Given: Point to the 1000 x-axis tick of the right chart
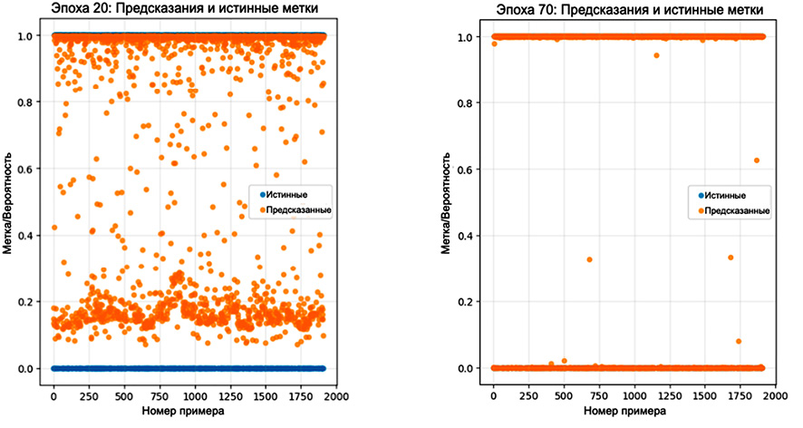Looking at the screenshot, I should (x=634, y=396).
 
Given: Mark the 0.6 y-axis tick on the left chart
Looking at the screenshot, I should (x=33, y=169).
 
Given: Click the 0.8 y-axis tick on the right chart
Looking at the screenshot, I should (x=471, y=102).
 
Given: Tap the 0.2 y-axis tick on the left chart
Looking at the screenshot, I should (x=33, y=302).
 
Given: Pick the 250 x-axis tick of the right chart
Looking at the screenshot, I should (x=528, y=396).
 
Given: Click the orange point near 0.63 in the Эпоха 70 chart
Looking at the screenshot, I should (x=756, y=160).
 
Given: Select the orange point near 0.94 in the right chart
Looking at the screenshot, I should (x=656, y=55).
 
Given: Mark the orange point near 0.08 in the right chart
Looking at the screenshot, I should (x=739, y=342).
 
